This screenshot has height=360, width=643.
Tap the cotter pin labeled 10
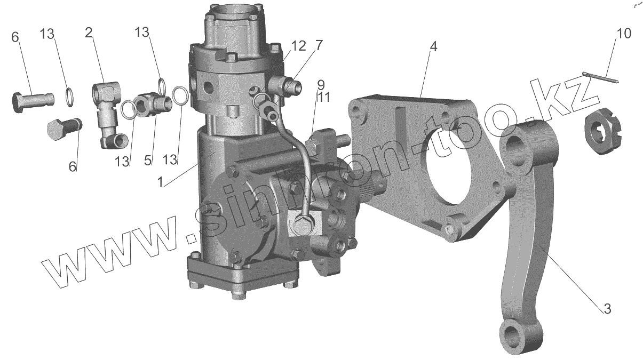(x=600, y=77)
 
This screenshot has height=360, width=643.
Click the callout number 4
(x=433, y=47)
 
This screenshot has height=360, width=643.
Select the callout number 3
(x=607, y=308)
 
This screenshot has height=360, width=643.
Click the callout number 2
(x=89, y=33)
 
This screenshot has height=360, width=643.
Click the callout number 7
(x=319, y=46)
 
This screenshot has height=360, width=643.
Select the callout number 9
(x=320, y=84)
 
